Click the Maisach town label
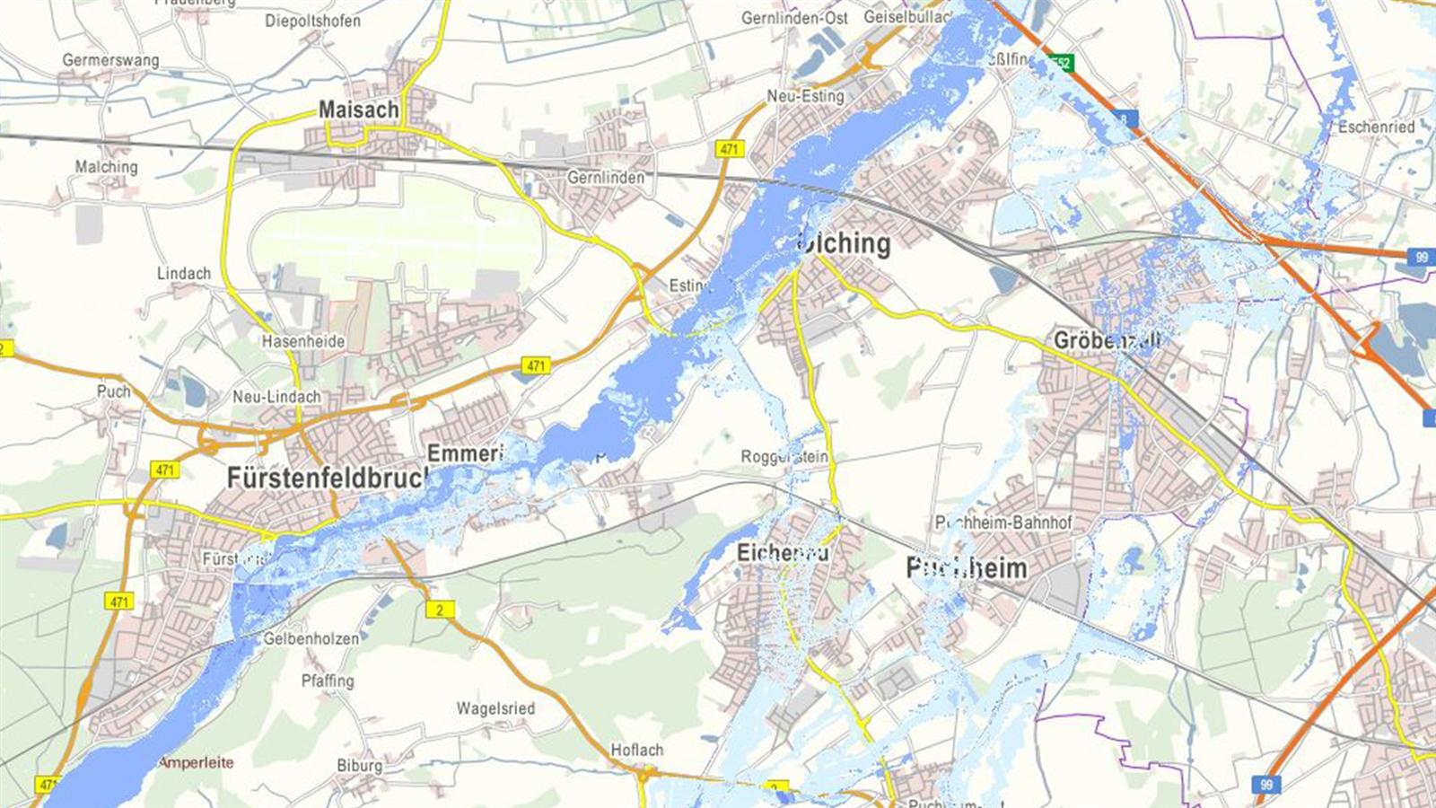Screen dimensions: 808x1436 [x=358, y=110]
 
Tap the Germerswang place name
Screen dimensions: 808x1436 [x=110, y=60]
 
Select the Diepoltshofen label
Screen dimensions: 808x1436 [x=312, y=21]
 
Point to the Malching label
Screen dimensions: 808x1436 [x=106, y=167]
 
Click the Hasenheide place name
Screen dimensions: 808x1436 [x=303, y=341]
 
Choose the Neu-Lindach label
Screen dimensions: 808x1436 [x=276, y=396]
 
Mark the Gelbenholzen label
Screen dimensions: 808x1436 [x=311, y=639]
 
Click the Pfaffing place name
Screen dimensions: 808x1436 [x=328, y=681]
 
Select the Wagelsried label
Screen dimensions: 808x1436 [x=495, y=708]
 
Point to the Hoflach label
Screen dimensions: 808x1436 [x=637, y=750]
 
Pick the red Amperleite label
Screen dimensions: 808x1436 [x=196, y=763]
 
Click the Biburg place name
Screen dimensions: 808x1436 [x=359, y=766]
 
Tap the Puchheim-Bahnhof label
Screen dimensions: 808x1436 [x=1003, y=523]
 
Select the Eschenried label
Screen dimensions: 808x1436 [x=1376, y=127]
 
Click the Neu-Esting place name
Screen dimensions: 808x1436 [x=805, y=96]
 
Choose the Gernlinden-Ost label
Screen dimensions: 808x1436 [x=794, y=18]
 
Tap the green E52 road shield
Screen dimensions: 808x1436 [x=1062, y=63]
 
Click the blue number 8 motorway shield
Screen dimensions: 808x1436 [x=1127, y=119]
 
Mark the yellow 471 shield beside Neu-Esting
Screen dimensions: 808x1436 [x=730, y=149]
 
